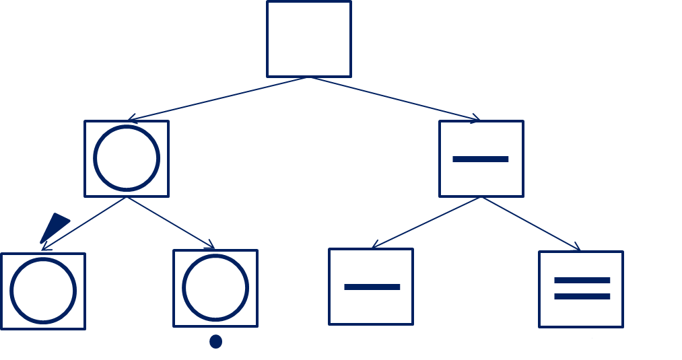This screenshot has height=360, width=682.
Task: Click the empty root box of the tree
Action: tap(309, 39)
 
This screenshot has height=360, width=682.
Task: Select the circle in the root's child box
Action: tap(127, 158)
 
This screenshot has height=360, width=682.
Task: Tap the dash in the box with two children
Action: tap(481, 159)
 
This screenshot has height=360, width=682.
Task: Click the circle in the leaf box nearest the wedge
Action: tap(43, 291)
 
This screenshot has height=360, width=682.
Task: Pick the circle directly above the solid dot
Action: tap(215, 287)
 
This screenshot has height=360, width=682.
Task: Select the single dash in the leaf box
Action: tap(372, 287)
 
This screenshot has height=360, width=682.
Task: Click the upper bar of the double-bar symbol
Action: tap(582, 280)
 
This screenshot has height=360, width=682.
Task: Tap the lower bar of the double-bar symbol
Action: tap(582, 296)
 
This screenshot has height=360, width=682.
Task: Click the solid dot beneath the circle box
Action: tap(215, 341)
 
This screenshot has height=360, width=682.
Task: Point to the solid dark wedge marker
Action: tap(54, 227)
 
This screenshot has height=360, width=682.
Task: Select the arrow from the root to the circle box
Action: tap(217, 99)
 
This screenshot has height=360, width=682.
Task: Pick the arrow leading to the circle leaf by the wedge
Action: tap(84, 223)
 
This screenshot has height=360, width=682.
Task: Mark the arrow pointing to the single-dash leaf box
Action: tap(426, 223)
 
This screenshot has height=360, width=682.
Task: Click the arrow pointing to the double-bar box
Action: tap(531, 224)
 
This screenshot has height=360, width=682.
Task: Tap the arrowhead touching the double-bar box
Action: tap(577, 249)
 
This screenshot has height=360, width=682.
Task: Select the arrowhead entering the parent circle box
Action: tap(131, 119)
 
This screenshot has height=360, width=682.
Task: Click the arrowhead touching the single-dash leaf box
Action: tap(375, 246)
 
